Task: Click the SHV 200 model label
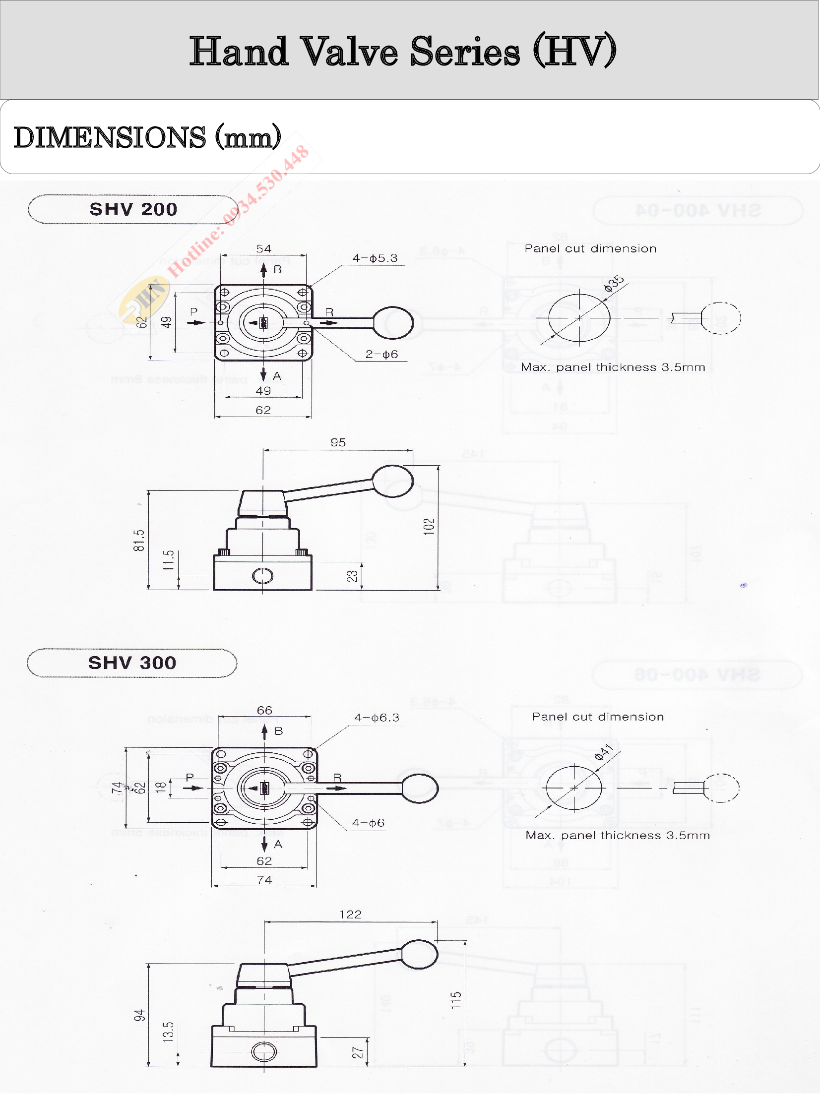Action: pyautogui.click(x=133, y=209)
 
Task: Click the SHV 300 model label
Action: pyautogui.click(x=132, y=663)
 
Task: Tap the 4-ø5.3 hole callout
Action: pyautogui.click(x=375, y=258)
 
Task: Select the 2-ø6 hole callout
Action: pyautogui.click(x=381, y=355)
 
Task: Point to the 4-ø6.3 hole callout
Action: pyautogui.click(x=377, y=718)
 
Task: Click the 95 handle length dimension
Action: pyautogui.click(x=338, y=442)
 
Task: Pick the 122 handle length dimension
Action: pyautogui.click(x=350, y=914)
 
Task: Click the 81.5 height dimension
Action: pyautogui.click(x=139, y=541)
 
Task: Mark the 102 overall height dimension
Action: pyautogui.click(x=429, y=526)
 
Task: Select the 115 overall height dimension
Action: pyautogui.click(x=456, y=1000)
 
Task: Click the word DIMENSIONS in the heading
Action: pyautogui.click(x=110, y=138)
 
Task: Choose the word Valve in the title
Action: pyautogui.click(x=349, y=52)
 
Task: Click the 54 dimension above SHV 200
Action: pyautogui.click(x=263, y=249)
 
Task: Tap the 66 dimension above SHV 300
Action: pyautogui.click(x=264, y=711)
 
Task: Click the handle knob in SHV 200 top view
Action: pyautogui.click(x=393, y=323)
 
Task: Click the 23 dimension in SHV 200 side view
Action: pyautogui.click(x=352, y=576)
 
